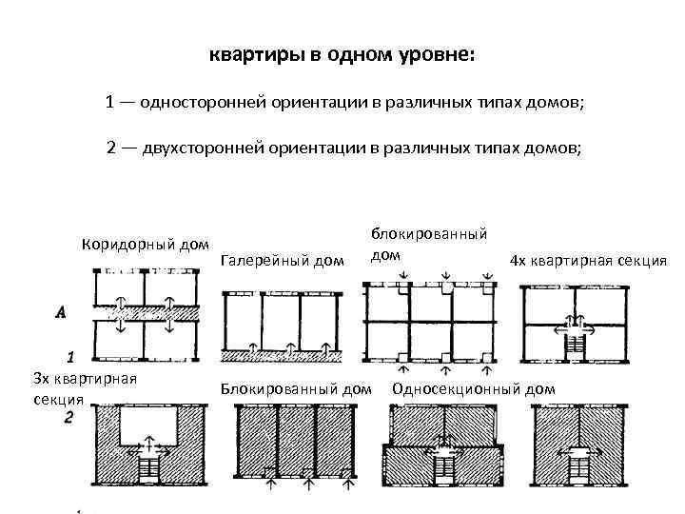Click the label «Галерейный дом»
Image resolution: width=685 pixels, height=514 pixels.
tap(281, 260)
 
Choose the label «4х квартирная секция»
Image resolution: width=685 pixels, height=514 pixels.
tap(588, 260)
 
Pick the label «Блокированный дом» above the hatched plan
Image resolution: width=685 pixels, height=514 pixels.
tap(296, 388)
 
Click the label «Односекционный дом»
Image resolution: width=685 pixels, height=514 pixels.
tap(473, 388)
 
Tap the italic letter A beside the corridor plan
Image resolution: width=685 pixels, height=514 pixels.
tap(62, 311)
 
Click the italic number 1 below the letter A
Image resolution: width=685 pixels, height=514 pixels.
tap(69, 359)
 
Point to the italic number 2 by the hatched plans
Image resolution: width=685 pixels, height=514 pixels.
tap(68, 417)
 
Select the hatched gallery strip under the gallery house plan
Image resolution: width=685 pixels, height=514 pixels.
tap(280, 356)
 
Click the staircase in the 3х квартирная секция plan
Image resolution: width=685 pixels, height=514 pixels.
tap(149, 468)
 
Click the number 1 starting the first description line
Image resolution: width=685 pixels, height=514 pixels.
tap(111, 102)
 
